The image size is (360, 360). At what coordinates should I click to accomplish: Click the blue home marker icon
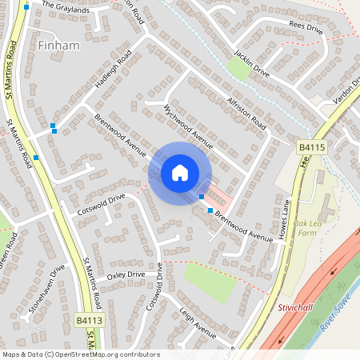[180, 173]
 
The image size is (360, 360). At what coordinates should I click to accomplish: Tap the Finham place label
[59, 46]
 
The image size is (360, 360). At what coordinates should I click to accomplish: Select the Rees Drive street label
[305, 26]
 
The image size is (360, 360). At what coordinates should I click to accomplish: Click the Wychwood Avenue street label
[189, 127]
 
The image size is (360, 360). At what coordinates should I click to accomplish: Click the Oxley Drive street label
[126, 274]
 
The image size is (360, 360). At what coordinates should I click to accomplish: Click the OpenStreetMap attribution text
[80, 354]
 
